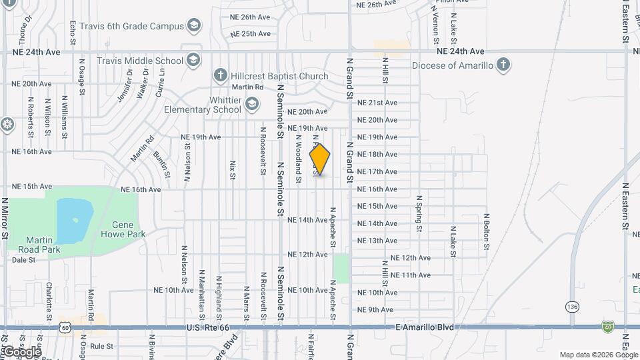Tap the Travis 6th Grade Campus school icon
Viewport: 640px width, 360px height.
point(194,26)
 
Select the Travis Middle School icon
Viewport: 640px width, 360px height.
point(193,60)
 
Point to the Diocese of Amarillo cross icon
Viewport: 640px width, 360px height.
point(503,65)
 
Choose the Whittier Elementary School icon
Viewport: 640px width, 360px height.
point(251,104)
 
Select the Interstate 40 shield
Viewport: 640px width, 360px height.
point(607,326)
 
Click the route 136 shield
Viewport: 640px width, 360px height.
point(572,306)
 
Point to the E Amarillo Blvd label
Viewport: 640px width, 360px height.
point(424,327)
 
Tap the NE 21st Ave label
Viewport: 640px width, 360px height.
point(377,103)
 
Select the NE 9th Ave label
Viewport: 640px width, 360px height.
point(375,309)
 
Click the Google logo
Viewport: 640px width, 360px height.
point(22,351)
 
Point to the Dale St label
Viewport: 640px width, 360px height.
point(23,260)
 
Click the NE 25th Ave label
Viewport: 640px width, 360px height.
point(251,33)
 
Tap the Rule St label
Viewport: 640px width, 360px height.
point(102,346)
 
